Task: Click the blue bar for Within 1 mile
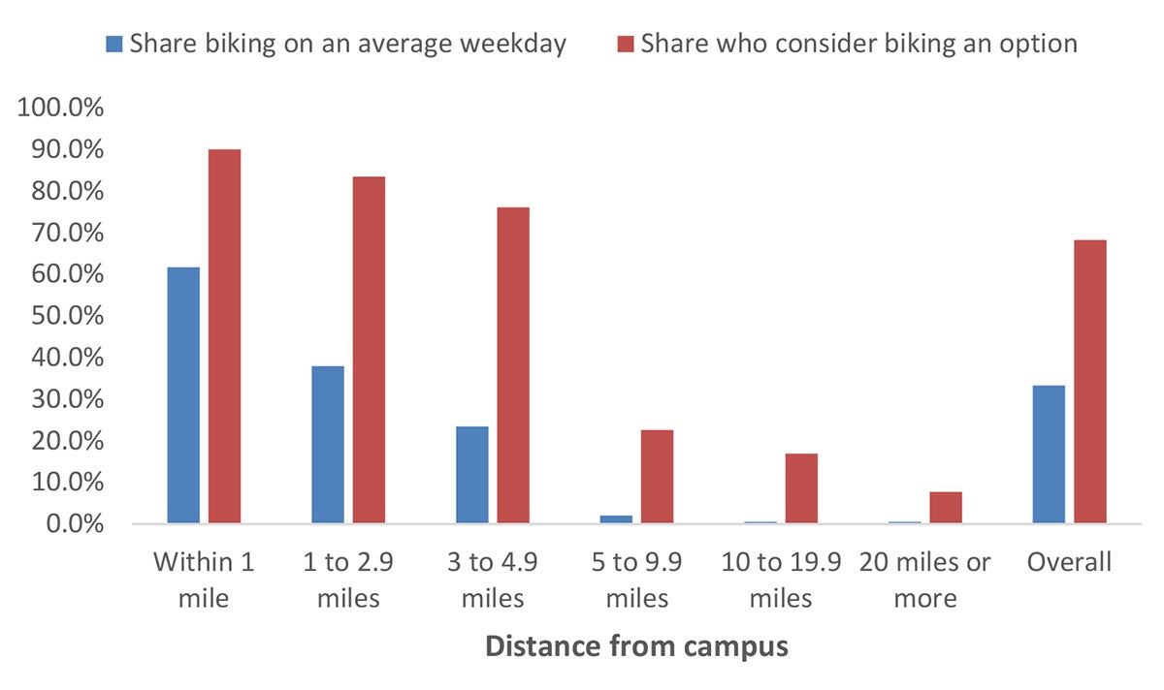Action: [x=183, y=395]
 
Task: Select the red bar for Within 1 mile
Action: [x=224, y=336]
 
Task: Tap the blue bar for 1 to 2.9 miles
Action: [x=327, y=445]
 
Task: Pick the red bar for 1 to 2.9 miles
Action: [x=369, y=350]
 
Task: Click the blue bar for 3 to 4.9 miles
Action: [x=471, y=475]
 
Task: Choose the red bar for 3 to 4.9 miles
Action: [x=513, y=365]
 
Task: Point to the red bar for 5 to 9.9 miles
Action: [x=657, y=477]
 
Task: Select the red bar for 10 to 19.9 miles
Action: [x=801, y=488]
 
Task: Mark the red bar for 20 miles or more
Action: [x=946, y=508]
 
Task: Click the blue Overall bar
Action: [x=1049, y=455]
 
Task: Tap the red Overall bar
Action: [x=1090, y=382]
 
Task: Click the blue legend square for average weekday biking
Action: [x=114, y=44]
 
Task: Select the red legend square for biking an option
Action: [x=625, y=44]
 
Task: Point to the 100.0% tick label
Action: [x=60, y=109]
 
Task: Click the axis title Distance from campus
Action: [x=636, y=646]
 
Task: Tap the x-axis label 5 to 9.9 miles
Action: [x=636, y=580]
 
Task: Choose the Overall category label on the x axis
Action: [x=1070, y=562]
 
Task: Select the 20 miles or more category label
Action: [x=924, y=580]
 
